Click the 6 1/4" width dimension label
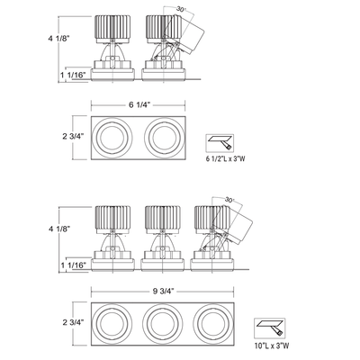click(x=139, y=104)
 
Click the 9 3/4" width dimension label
click(x=164, y=291)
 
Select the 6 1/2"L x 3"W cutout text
click(x=225, y=158)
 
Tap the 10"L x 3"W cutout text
click(x=272, y=346)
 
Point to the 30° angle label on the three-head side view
click(x=229, y=200)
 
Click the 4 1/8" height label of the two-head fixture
click(x=59, y=39)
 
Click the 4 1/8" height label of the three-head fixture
click(x=59, y=229)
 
